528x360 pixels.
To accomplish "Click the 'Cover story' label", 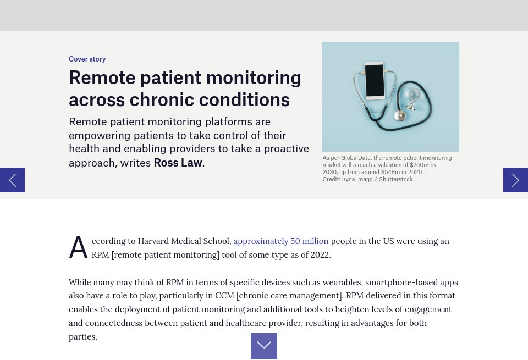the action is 87,59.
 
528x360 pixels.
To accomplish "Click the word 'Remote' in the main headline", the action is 102,77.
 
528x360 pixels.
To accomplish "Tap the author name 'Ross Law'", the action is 178,163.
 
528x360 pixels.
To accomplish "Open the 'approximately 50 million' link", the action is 281,241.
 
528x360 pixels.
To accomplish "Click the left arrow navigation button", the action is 12,180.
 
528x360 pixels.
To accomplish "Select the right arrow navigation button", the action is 515,180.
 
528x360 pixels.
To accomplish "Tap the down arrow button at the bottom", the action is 264,346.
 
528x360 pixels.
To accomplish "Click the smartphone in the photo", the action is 375,81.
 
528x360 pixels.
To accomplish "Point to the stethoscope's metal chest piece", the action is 400,115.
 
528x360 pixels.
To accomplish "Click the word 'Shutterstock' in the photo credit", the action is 395,179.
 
